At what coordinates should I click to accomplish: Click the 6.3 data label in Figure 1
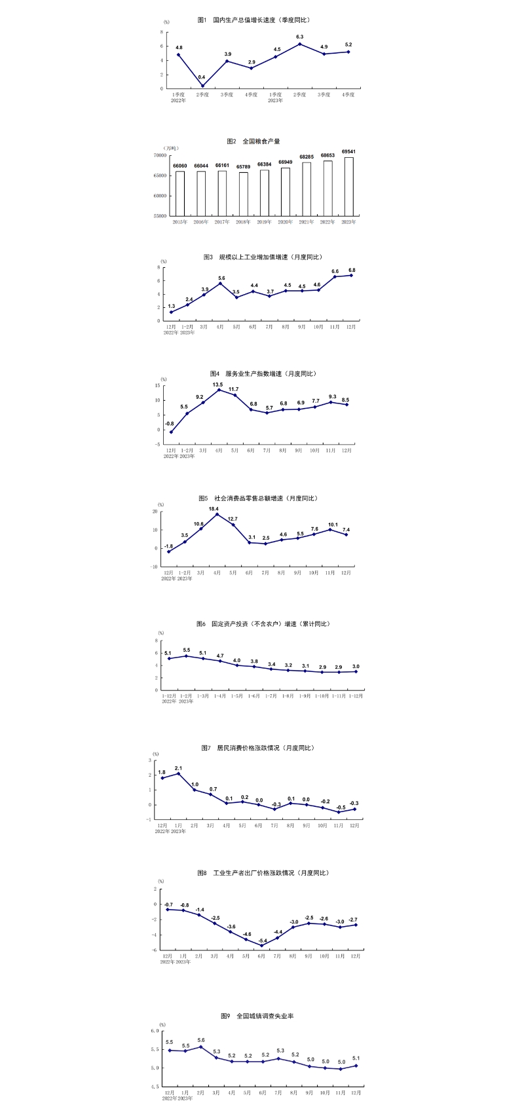point(300,37)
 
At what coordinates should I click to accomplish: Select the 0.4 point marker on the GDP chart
point(202,86)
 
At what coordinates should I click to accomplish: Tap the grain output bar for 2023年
point(348,186)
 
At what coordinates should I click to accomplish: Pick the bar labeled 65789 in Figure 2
point(243,194)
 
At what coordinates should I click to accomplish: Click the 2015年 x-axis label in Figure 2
point(180,222)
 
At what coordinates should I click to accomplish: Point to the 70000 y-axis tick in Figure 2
point(159,155)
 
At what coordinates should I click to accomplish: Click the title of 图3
point(263,257)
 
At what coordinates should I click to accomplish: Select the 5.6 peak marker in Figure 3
point(220,284)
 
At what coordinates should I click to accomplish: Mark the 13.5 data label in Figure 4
point(217,384)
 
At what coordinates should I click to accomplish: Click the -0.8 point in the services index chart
point(171,432)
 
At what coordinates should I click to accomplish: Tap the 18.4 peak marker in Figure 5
point(217,514)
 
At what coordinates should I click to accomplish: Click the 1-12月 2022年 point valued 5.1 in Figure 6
point(169,658)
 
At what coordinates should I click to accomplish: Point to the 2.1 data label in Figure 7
point(178,768)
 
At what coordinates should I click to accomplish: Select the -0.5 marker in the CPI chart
point(339,812)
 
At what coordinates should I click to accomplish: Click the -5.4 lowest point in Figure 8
point(261,945)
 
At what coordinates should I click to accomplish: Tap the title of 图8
point(263,873)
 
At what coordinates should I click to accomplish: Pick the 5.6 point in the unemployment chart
point(200,1047)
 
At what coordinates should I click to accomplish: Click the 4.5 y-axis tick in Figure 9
point(155,1087)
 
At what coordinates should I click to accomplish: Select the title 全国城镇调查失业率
point(257,1016)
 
